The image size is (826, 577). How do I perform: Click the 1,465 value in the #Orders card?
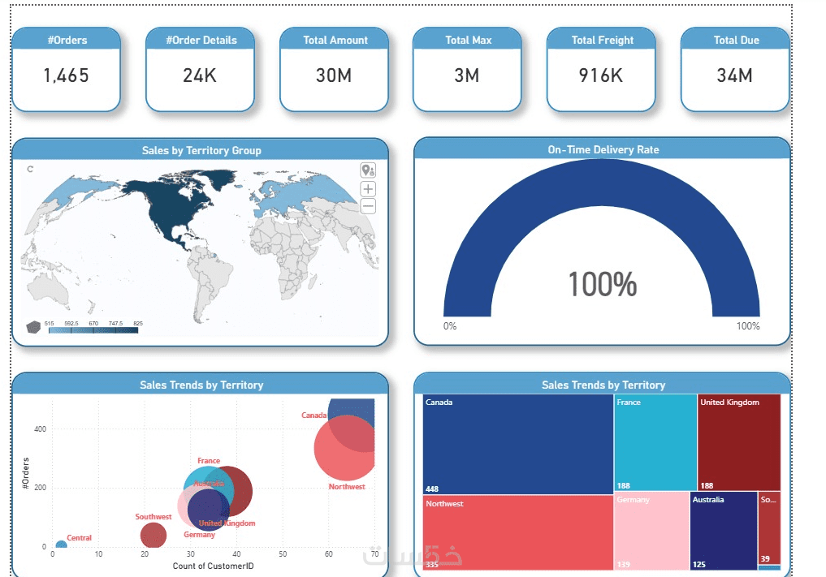pyautogui.click(x=66, y=76)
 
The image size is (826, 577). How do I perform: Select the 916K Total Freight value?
pyautogui.click(x=600, y=76)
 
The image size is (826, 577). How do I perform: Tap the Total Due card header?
pyautogui.click(x=736, y=40)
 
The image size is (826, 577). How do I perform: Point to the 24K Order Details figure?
pyautogui.click(x=199, y=76)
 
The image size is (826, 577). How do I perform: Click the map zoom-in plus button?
pyautogui.click(x=368, y=188)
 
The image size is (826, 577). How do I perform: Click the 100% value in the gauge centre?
pyautogui.click(x=602, y=285)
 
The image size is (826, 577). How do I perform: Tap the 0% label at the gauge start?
pyautogui.click(x=450, y=326)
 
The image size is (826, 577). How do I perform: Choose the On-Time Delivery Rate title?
pyautogui.click(x=603, y=149)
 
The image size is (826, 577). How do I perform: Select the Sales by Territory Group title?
pyautogui.click(x=201, y=150)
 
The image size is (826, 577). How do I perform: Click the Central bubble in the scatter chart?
pyautogui.click(x=61, y=546)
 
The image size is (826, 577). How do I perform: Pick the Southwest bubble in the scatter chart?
pyautogui.click(x=153, y=535)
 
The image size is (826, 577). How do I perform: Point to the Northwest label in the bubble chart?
pyautogui.click(x=347, y=487)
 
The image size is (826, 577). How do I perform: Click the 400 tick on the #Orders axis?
pyautogui.click(x=38, y=429)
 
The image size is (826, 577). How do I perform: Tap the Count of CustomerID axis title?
pyautogui.click(x=213, y=566)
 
